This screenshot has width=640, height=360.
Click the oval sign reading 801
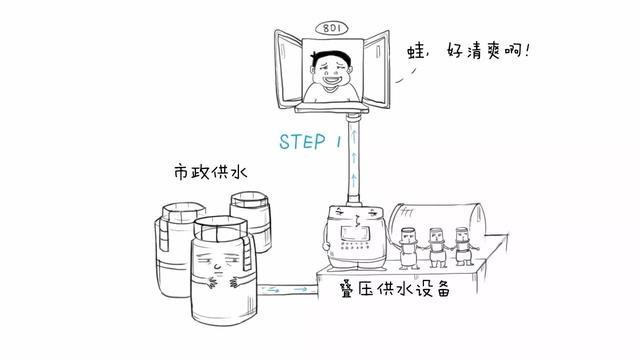pyautogui.click(x=332, y=29)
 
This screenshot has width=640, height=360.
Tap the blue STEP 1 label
pyautogui.click(x=310, y=141)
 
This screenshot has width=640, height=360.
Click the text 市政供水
pyautogui.click(x=210, y=171)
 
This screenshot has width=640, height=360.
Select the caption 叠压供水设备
pyautogui.click(x=395, y=289)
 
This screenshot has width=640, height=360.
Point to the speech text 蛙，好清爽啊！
pyautogui.click(x=468, y=52)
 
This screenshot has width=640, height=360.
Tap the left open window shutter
pyautogui.click(x=289, y=69)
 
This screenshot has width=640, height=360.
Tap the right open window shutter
pyautogui.click(x=376, y=69)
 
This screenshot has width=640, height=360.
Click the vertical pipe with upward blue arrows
pyautogui.click(x=354, y=159)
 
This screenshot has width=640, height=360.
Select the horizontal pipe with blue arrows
pyautogui.click(x=287, y=289)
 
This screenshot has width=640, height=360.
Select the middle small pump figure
pyautogui.click(x=437, y=248)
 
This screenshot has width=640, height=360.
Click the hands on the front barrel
pyautogui.click(x=223, y=282)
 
